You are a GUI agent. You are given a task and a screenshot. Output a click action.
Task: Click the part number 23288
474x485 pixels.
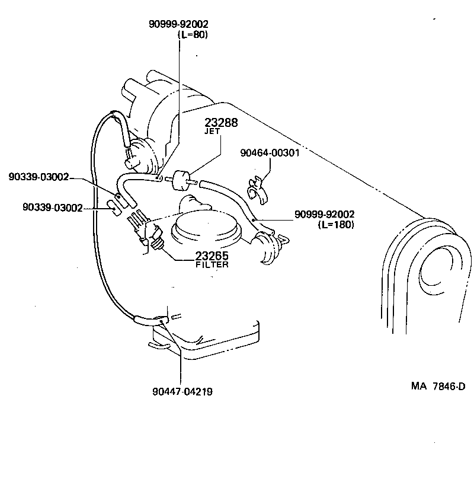point(221,123)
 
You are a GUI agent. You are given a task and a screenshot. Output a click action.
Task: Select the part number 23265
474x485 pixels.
point(212,256)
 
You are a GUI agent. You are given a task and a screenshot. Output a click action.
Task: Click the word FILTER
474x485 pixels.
point(212,265)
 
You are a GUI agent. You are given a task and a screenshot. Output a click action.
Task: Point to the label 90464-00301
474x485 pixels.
point(270,152)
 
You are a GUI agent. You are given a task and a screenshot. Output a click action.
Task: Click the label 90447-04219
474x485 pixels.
point(182,391)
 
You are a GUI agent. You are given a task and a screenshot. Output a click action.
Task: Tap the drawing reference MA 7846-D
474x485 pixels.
point(438,387)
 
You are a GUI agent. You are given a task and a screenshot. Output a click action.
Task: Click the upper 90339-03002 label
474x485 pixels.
point(39,177)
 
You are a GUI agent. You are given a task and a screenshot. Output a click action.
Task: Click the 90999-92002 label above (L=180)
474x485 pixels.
point(324,214)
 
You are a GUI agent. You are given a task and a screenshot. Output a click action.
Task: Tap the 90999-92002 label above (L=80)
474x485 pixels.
point(178,24)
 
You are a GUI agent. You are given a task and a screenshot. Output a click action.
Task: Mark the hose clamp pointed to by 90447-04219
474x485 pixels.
point(159,321)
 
